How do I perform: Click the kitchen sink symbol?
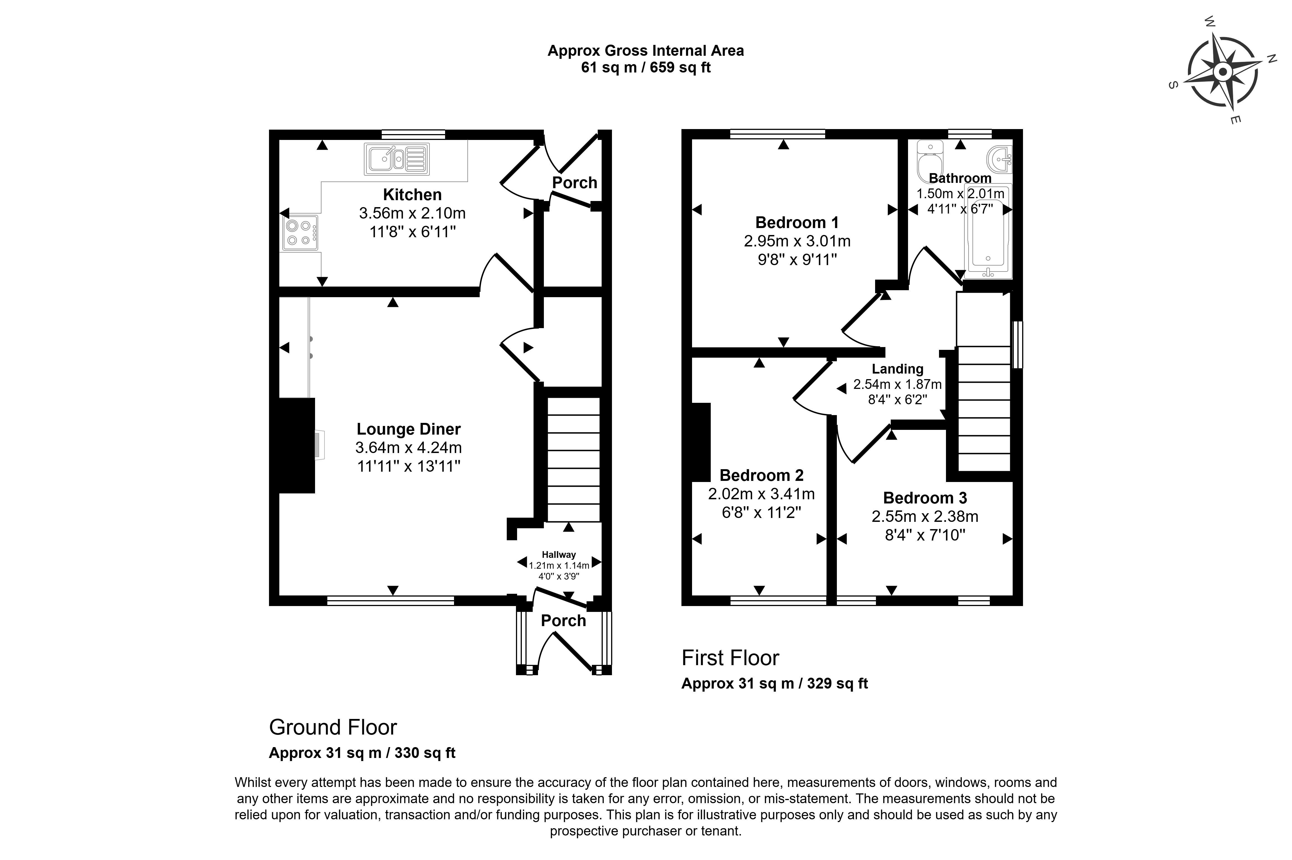tap(396, 159)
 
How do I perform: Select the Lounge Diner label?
tap(408, 429)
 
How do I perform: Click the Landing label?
tap(897, 369)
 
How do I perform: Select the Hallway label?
tap(559, 554)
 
